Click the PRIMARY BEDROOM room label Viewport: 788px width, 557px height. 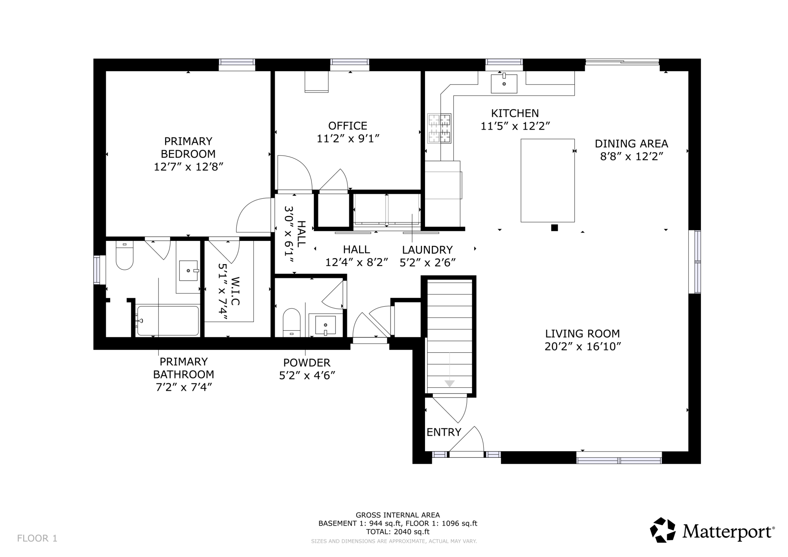pos(188,147)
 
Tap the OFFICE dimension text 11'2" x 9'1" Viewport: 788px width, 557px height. pos(348,139)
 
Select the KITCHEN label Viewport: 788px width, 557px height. pos(515,113)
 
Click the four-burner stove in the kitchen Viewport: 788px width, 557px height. pos(439,128)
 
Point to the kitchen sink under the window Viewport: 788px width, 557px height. pos(504,83)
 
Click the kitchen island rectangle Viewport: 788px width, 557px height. pos(547,180)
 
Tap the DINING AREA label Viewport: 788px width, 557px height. pos(631,144)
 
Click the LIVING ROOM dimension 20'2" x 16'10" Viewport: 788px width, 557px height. pos(583,347)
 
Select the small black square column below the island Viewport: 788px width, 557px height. pos(554,228)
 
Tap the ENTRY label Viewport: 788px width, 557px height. pos(444,432)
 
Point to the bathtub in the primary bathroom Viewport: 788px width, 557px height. pos(168,321)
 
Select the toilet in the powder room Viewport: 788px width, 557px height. pos(292,322)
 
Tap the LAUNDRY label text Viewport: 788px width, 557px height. pos(427,250)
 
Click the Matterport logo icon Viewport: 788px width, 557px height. pos(663,530)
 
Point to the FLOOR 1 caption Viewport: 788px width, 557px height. pos(37,538)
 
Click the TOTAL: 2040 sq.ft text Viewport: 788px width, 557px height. pos(398,532)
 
